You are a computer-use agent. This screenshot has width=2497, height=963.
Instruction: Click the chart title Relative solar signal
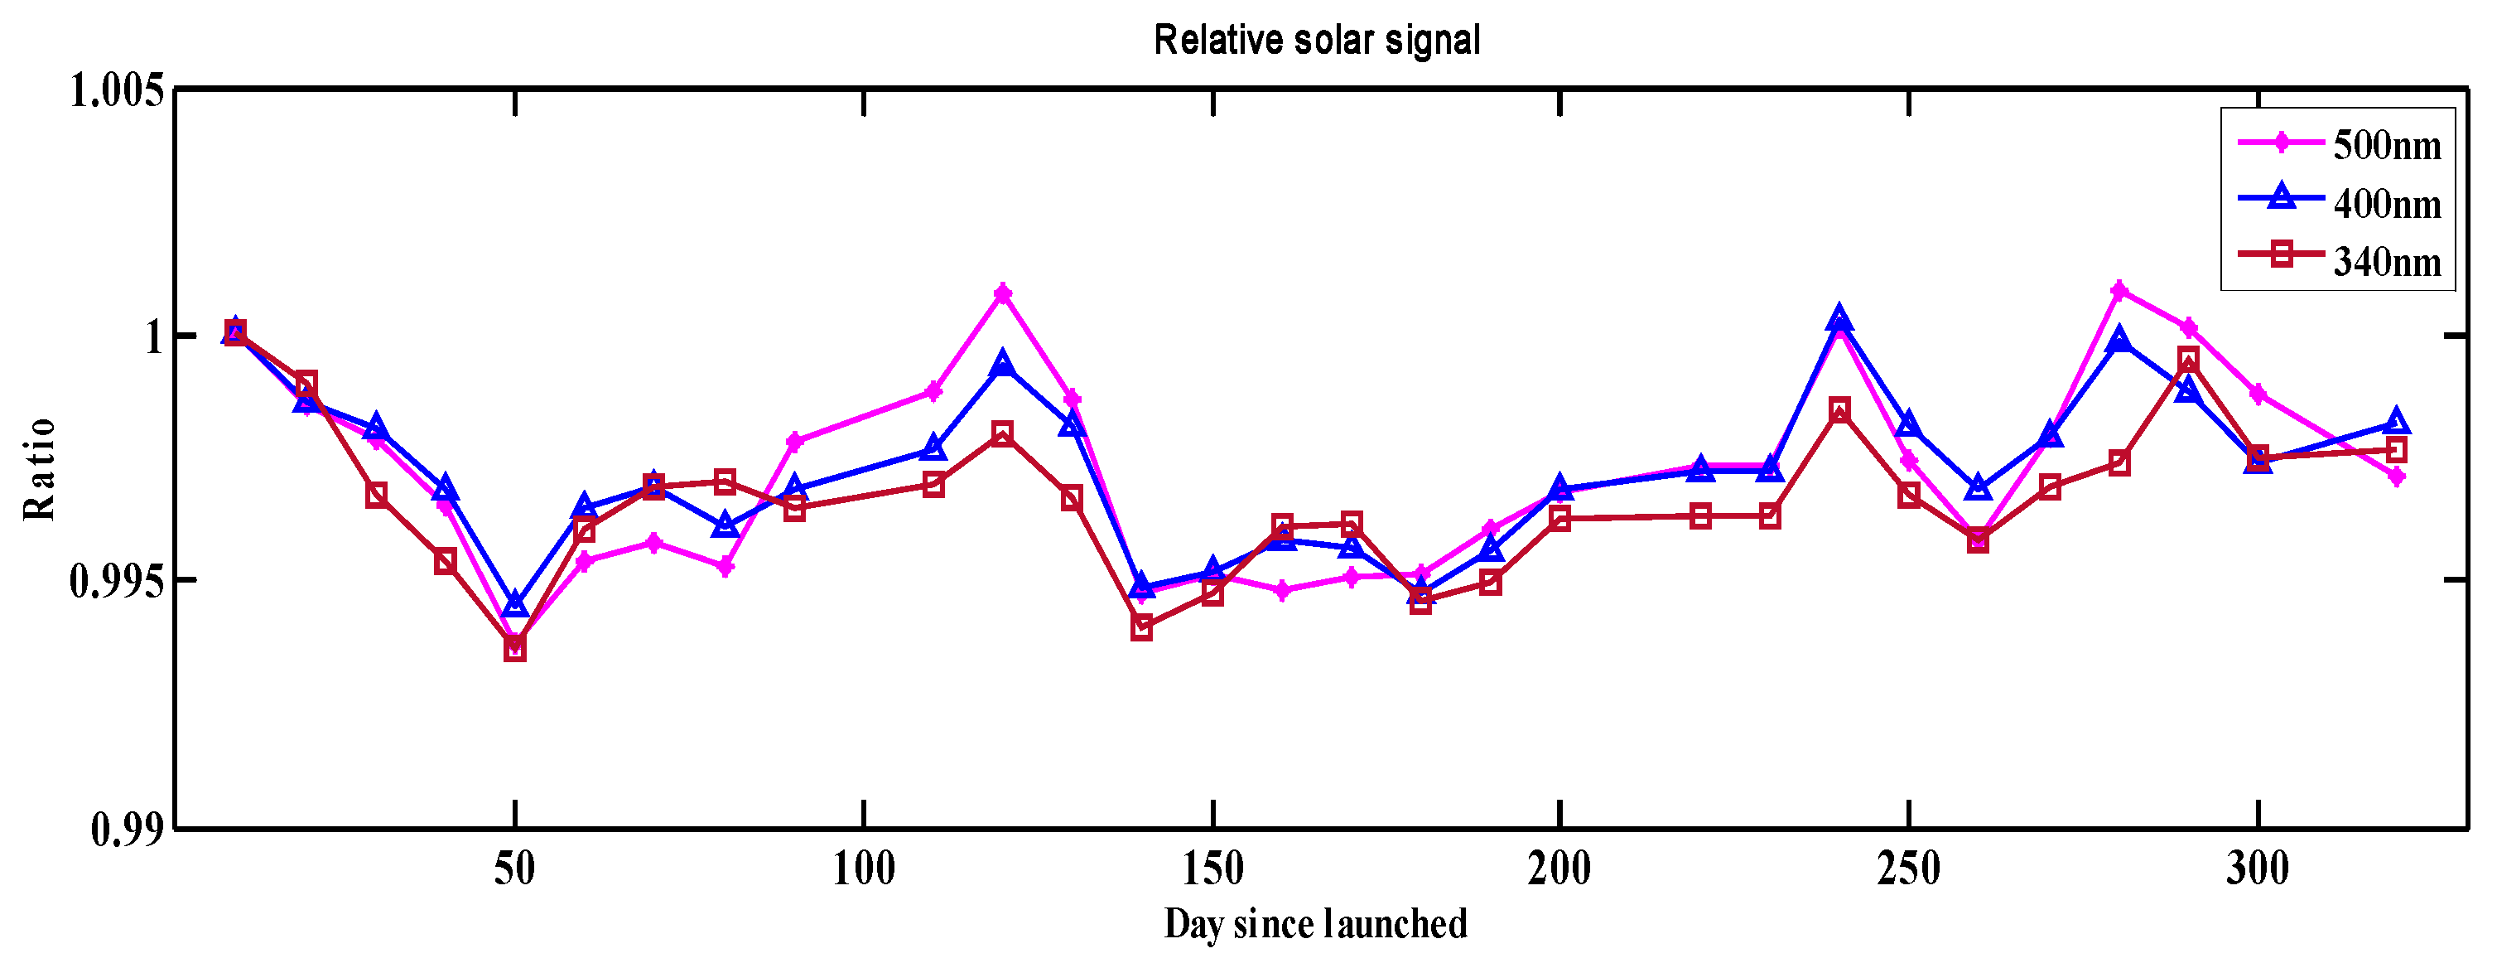tap(1316, 41)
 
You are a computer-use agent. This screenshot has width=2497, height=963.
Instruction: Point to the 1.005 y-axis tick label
tap(116, 91)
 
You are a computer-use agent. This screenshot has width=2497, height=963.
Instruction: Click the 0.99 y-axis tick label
tap(128, 830)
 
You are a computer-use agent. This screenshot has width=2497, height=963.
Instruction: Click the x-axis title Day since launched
tap(1315, 924)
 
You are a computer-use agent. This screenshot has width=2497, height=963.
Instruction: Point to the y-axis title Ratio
tap(40, 469)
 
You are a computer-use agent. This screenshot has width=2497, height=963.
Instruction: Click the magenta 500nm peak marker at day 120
tap(1003, 293)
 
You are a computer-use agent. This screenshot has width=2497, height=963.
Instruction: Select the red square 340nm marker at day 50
tap(514, 649)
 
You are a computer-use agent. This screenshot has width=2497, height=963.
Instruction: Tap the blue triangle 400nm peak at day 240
tap(1839, 318)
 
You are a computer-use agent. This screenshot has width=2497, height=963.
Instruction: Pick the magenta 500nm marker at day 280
tap(2119, 290)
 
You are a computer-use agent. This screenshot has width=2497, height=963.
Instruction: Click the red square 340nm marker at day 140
tap(1141, 628)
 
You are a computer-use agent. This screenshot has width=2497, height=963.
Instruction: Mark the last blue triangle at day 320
tap(2395, 421)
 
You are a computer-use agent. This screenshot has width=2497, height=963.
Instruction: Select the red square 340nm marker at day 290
tap(2188, 360)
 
